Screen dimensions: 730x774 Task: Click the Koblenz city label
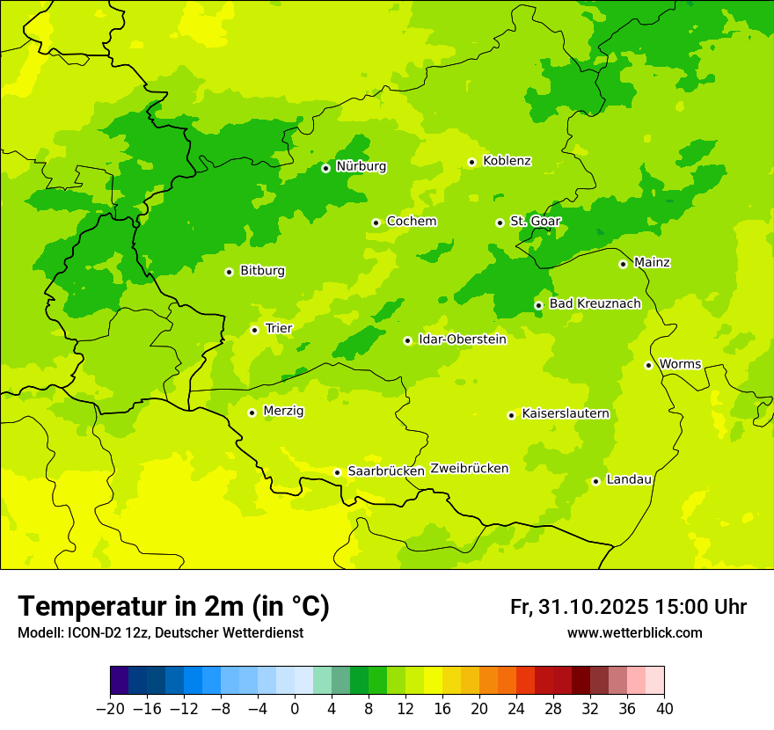[x=507, y=161]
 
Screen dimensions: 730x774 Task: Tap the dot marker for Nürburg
[x=325, y=168]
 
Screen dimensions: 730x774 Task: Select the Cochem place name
[x=411, y=222]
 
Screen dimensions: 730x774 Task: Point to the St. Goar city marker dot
[x=500, y=223]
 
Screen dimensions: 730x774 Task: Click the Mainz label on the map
[x=652, y=263]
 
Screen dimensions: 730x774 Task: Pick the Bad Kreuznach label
[x=595, y=304]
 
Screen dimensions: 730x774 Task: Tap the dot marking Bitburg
[x=229, y=272]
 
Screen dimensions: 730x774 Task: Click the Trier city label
[x=279, y=329]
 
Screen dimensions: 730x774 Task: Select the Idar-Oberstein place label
[x=463, y=339]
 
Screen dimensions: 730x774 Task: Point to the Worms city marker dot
[x=648, y=365]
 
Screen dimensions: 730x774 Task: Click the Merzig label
[x=283, y=412]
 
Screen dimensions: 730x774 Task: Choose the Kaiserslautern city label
[x=566, y=414]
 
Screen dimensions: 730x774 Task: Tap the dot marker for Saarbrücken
[x=337, y=472]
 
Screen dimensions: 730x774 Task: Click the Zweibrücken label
[x=469, y=469]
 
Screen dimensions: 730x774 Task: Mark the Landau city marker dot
[x=595, y=481]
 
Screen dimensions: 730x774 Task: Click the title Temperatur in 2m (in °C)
[x=173, y=606]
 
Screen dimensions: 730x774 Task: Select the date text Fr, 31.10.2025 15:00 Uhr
[x=628, y=607]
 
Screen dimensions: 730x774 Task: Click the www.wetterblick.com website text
[x=634, y=633]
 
